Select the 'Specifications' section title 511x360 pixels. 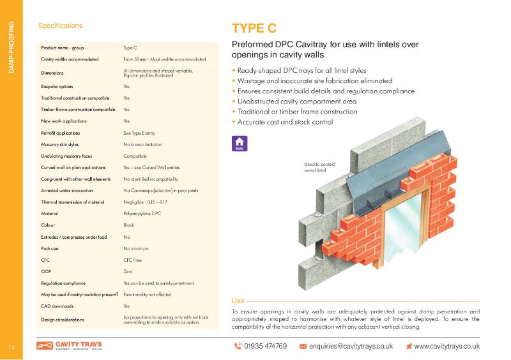(x=60, y=26)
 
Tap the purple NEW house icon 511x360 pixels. (x=239, y=144)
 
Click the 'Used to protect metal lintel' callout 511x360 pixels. (x=320, y=167)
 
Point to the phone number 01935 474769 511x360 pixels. (x=265, y=346)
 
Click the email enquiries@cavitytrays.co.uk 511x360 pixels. (x=351, y=346)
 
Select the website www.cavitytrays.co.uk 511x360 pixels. (x=446, y=346)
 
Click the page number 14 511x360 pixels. (x=11, y=347)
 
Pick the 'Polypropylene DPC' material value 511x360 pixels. (x=142, y=213)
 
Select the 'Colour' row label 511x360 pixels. (x=49, y=225)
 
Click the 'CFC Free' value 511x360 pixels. (x=132, y=259)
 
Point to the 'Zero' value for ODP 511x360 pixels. (x=128, y=271)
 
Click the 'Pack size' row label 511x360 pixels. (x=50, y=248)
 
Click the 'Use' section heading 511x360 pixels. (x=238, y=301)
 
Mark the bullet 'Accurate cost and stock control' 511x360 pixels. (x=284, y=122)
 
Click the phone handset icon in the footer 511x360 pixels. (x=237, y=346)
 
